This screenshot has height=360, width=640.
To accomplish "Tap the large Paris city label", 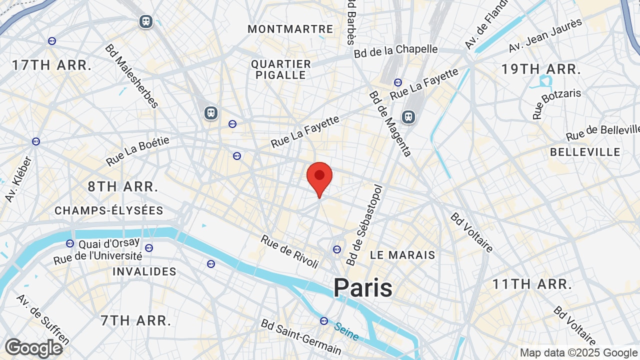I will (363, 288).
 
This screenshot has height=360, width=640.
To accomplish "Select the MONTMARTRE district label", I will (290, 29).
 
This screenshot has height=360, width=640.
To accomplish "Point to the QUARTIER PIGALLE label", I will (281, 69).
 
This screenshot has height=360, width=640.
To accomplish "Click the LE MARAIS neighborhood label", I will (402, 255).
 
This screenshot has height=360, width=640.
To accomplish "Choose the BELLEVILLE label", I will (585, 152).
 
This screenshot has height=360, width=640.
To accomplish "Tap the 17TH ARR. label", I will (52, 65).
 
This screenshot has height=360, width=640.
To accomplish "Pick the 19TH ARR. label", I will (541, 69).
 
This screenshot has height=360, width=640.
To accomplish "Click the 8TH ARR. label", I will (123, 187).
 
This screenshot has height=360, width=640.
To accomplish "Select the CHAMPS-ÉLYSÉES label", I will (109, 210).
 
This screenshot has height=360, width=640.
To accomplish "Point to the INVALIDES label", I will (144, 271).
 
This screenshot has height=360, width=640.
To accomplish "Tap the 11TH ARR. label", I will (532, 284).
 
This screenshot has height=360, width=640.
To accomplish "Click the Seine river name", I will (346, 331).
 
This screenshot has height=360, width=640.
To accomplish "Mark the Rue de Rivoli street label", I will (289, 251).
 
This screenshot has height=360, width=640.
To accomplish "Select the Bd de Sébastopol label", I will (364, 225).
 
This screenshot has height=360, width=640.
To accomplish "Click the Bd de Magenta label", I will (390, 123).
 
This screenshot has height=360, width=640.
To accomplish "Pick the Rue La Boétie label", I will (138, 151).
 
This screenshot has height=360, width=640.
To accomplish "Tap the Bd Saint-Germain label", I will (301, 336).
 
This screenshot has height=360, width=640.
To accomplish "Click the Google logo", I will (33, 348).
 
